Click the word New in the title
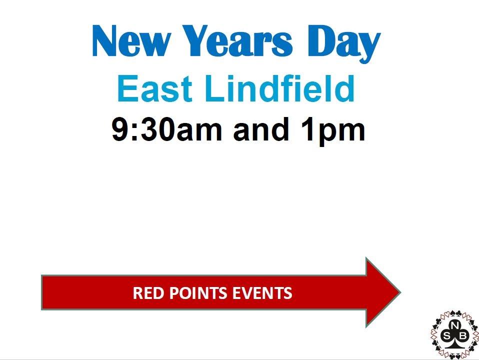click(130, 41)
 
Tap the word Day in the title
click(344, 44)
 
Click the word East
click(154, 88)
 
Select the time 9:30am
click(166, 129)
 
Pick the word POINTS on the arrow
click(198, 293)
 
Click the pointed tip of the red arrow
click(400, 292)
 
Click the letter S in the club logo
click(446, 336)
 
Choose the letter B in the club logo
click(462, 336)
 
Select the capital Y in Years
click(197, 41)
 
